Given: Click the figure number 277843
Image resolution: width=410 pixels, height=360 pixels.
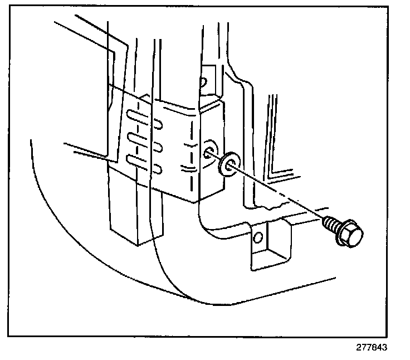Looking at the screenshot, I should point(371,347).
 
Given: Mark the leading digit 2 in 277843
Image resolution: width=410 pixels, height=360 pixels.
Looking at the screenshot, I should point(358,347).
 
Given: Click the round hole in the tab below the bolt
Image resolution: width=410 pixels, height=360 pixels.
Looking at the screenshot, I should point(257,239).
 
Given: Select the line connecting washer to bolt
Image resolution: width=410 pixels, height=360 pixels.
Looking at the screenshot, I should point(279,193).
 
